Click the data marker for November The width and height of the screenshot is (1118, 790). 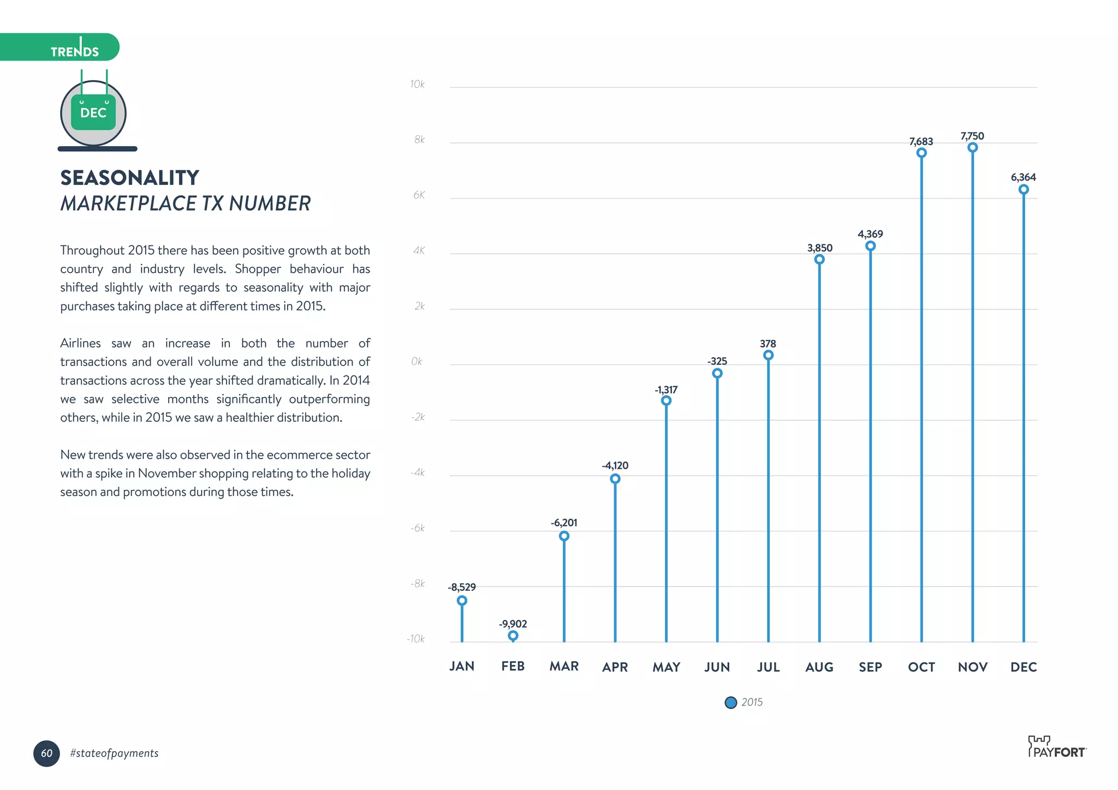pos(972,148)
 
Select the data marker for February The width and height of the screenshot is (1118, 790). pos(513,636)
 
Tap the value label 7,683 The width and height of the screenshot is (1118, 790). pos(921,141)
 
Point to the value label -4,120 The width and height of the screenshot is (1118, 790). pos(615,465)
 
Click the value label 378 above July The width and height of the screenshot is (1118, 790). pos(768,344)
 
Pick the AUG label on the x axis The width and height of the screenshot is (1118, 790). pos(819,667)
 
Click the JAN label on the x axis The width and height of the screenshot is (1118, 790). pos(462,666)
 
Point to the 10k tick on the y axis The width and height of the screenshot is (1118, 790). pos(417,84)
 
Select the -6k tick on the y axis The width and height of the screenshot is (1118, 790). pos(418,528)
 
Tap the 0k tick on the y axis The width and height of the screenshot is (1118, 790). pos(417,361)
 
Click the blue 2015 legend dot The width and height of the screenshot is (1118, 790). pos(730,703)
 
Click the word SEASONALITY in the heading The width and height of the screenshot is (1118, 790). pos(129,178)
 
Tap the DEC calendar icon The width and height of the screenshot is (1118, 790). pos(93,113)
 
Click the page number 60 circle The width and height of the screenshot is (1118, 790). pos(46,753)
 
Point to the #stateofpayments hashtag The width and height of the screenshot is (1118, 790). pos(114,753)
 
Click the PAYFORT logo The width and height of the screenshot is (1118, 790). pos(1056,747)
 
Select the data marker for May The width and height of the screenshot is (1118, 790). pos(666,400)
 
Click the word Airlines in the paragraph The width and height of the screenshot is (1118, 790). pos(80,343)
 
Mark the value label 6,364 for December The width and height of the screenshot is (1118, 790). pos(1023,177)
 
